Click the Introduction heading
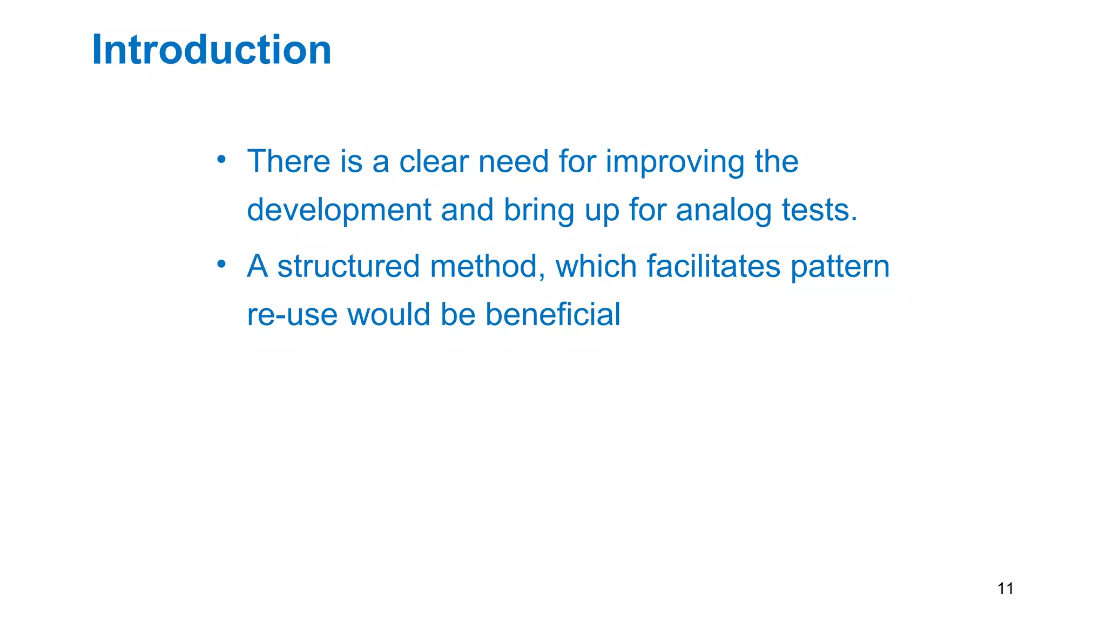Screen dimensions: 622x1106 pyautogui.click(x=212, y=50)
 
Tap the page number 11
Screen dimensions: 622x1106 pyautogui.click(x=1005, y=589)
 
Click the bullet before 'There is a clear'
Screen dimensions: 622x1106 pyautogui.click(x=221, y=159)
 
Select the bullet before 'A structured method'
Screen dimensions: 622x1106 pyautogui.click(x=221, y=264)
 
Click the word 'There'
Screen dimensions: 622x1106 pyautogui.click(x=288, y=161)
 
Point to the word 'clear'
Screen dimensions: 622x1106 pyautogui.click(x=434, y=161)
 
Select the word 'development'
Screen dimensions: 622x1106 pyautogui.click(x=339, y=211)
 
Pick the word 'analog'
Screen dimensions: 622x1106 pyautogui.click(x=724, y=211)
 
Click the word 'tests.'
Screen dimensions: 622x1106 pyautogui.click(x=820, y=211)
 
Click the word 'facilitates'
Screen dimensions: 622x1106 pyautogui.click(x=713, y=267)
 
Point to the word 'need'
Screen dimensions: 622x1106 pyautogui.click(x=514, y=161)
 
